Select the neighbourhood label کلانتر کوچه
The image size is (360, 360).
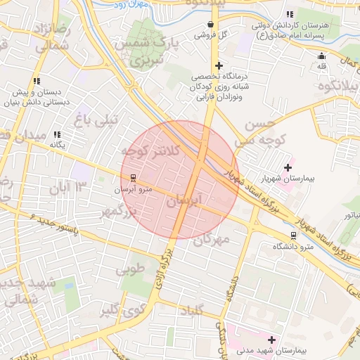tap(151, 150)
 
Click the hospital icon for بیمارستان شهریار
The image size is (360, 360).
tap(288, 167)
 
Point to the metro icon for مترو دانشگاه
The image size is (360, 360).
tap(293, 236)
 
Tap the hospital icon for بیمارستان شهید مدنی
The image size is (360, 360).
tap(271, 340)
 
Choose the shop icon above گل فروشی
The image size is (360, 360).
tap(210, 25)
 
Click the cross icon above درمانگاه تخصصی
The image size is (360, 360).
tap(219, 65)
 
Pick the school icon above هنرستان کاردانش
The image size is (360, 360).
tap(289, 15)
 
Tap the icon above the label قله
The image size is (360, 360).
tap(322, 56)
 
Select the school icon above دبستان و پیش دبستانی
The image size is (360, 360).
tap(37, 82)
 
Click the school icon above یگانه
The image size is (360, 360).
tap(57, 134)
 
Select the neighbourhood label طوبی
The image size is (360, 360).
tap(129, 269)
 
